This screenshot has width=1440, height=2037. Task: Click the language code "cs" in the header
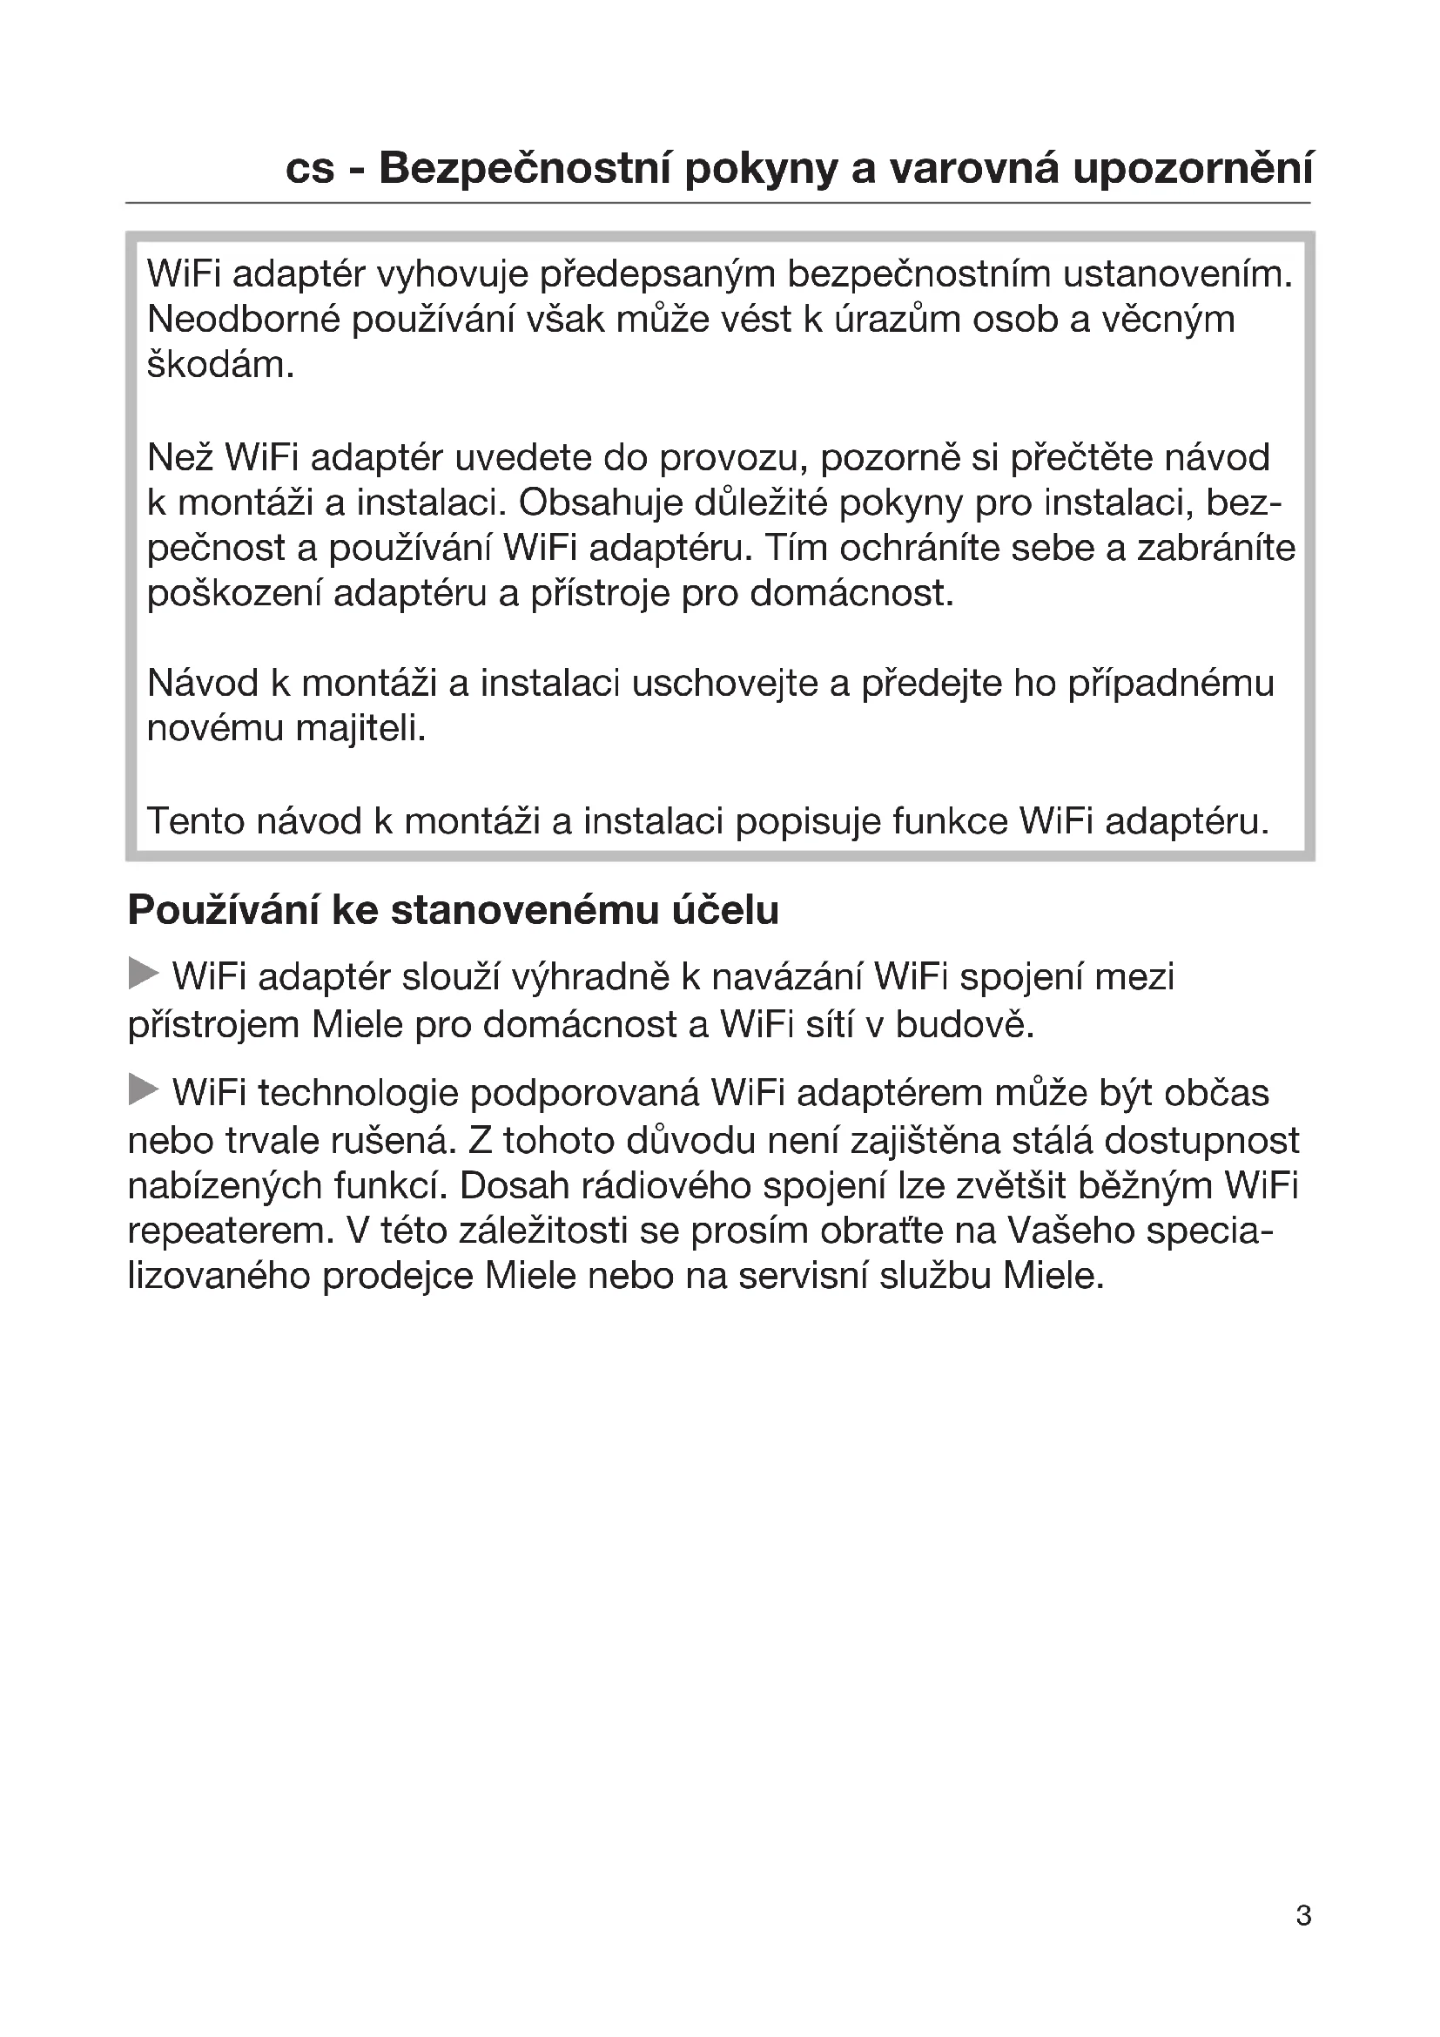309,170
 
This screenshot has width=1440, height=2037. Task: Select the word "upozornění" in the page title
1193,170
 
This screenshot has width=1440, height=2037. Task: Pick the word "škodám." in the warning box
220,365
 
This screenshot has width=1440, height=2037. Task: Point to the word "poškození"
234,594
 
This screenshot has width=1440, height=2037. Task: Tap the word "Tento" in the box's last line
195,820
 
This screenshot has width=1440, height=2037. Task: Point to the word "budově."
965,1025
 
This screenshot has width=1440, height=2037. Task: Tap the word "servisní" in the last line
803,1276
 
